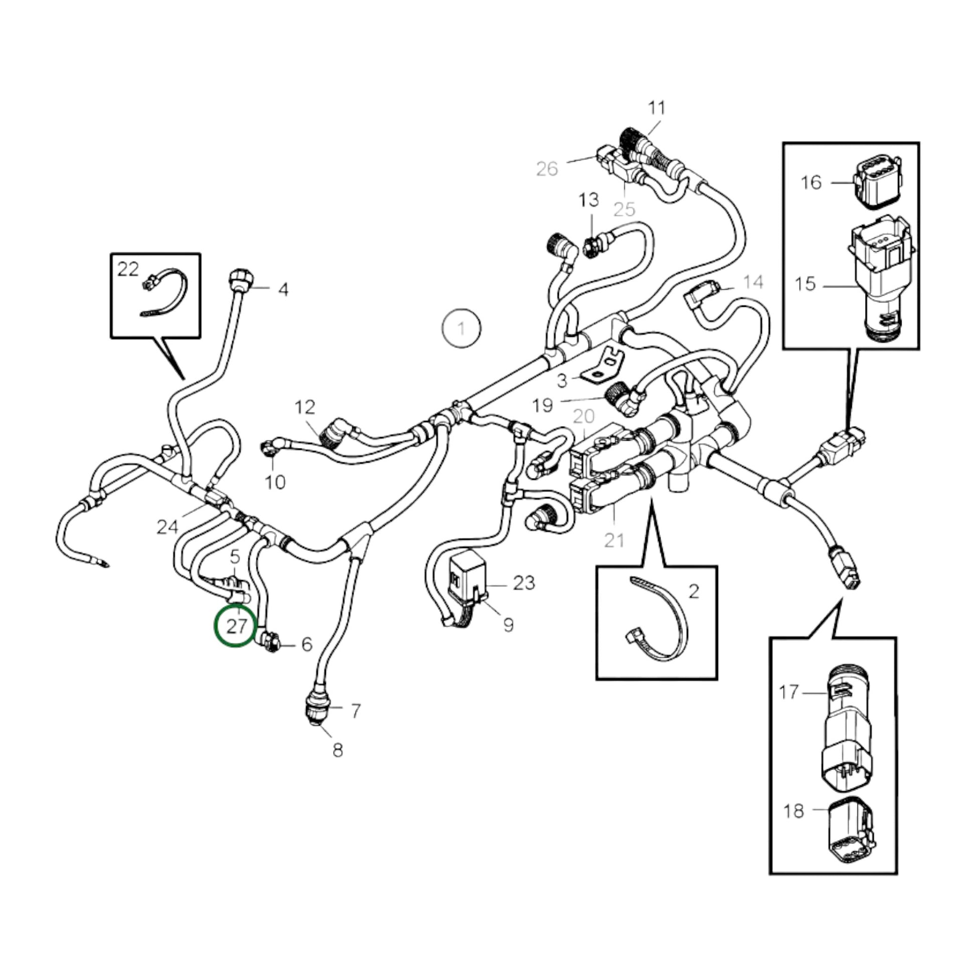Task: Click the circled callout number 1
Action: (461, 329)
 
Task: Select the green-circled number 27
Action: (236, 626)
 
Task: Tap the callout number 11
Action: (656, 108)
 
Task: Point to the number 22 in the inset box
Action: (128, 269)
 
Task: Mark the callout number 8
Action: (338, 764)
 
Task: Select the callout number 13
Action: (588, 200)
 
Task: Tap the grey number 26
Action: (547, 169)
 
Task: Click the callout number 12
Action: (304, 407)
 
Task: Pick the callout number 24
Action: (167, 527)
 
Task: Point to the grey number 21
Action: (614, 540)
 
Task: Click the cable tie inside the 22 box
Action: (166, 294)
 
